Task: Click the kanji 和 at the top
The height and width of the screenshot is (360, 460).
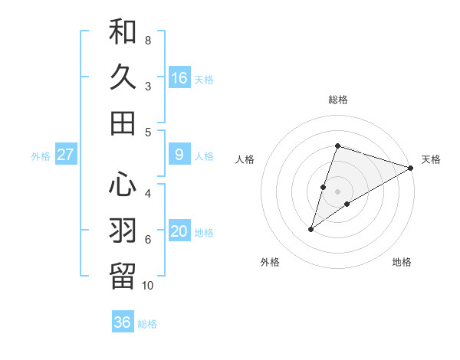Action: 123,32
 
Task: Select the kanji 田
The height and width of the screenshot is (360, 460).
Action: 123,122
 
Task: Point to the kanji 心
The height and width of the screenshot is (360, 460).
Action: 123,185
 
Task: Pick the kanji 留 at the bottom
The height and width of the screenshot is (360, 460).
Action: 123,275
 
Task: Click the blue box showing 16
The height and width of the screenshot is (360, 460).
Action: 179,77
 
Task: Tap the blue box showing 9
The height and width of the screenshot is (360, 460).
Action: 179,155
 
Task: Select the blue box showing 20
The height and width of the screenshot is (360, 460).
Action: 179,232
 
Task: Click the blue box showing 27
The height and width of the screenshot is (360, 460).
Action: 66,155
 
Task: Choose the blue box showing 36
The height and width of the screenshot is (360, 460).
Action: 123,322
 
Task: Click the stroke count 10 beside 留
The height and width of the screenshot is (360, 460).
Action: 148,286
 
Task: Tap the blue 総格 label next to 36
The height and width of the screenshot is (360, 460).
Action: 147,324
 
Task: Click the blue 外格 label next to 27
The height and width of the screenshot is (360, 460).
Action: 41,156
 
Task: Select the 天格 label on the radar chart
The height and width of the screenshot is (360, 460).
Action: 431,159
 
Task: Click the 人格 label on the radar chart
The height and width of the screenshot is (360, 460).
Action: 245,159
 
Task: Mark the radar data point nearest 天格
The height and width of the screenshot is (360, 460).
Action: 410,168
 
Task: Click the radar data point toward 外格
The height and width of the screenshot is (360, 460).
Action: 311,228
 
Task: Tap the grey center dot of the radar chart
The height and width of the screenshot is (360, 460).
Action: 337,191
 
